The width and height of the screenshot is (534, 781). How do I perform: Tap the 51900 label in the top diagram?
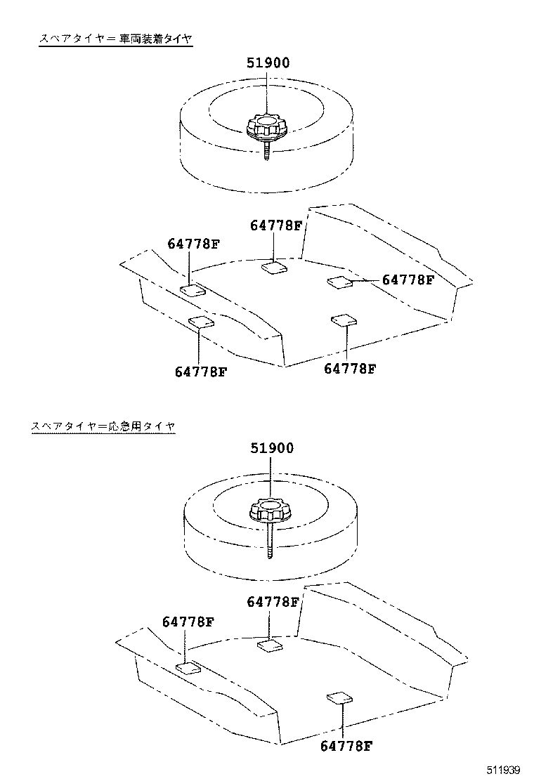coord(268,63)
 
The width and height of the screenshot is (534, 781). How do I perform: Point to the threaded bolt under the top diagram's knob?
coord(266,150)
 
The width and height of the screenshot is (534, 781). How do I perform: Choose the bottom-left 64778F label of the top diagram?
coord(201,371)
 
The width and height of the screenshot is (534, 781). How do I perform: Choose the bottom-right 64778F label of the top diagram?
coord(350,368)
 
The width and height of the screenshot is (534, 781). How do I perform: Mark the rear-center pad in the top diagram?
coord(274,267)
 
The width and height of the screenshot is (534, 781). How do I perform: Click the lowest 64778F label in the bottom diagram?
coord(346,746)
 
